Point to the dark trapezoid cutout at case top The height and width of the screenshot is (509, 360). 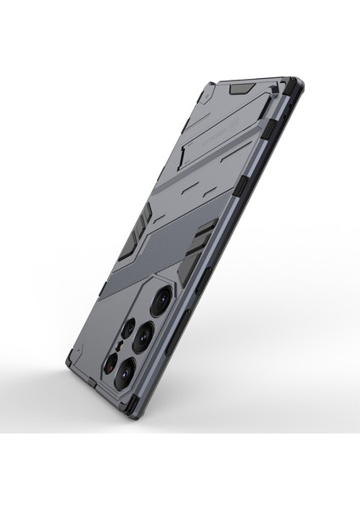(242, 87)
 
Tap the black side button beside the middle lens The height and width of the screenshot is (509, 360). (185, 332)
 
